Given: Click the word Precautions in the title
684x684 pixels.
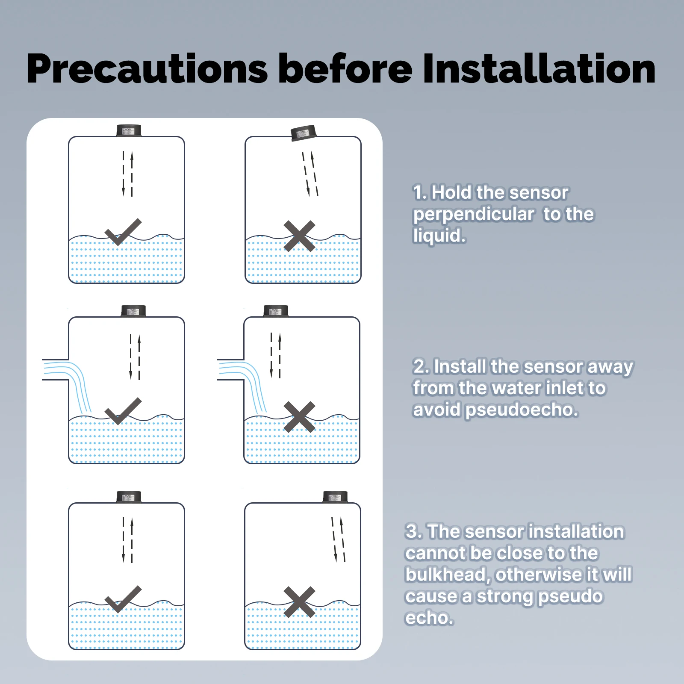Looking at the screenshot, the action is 147,69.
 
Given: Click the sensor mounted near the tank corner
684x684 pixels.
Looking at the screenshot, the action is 335,497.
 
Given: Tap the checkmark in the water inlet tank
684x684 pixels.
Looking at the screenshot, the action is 123,411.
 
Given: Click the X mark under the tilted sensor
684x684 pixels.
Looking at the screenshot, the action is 299,236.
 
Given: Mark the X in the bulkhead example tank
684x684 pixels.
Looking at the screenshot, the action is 299,602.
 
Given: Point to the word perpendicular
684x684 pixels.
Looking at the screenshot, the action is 473,215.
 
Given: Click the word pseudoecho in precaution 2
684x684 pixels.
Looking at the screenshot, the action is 522,410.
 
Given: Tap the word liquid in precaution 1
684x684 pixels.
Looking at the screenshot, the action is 438,236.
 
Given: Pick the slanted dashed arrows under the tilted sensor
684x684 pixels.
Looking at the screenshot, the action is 310,174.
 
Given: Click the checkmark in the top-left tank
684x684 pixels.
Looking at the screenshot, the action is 123,232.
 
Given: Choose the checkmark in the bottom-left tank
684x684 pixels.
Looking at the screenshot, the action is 123,599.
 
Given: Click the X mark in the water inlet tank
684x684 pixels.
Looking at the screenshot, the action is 299,417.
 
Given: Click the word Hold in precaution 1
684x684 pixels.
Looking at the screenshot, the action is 451,192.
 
